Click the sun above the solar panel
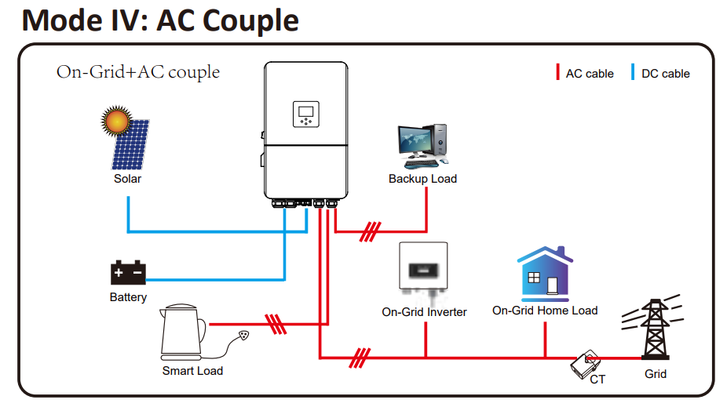(116, 121)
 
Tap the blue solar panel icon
(131, 144)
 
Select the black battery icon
(128, 272)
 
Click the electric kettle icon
(183, 332)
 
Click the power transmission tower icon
(654, 328)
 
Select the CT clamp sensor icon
(586, 364)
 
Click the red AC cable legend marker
(557, 72)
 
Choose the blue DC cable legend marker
(633, 72)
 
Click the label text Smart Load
(192, 371)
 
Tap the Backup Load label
(423, 179)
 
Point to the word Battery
(129, 297)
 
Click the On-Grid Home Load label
(545, 311)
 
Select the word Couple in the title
(250, 21)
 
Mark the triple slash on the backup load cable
(371, 231)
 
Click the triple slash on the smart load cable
(276, 324)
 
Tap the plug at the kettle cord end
(243, 335)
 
